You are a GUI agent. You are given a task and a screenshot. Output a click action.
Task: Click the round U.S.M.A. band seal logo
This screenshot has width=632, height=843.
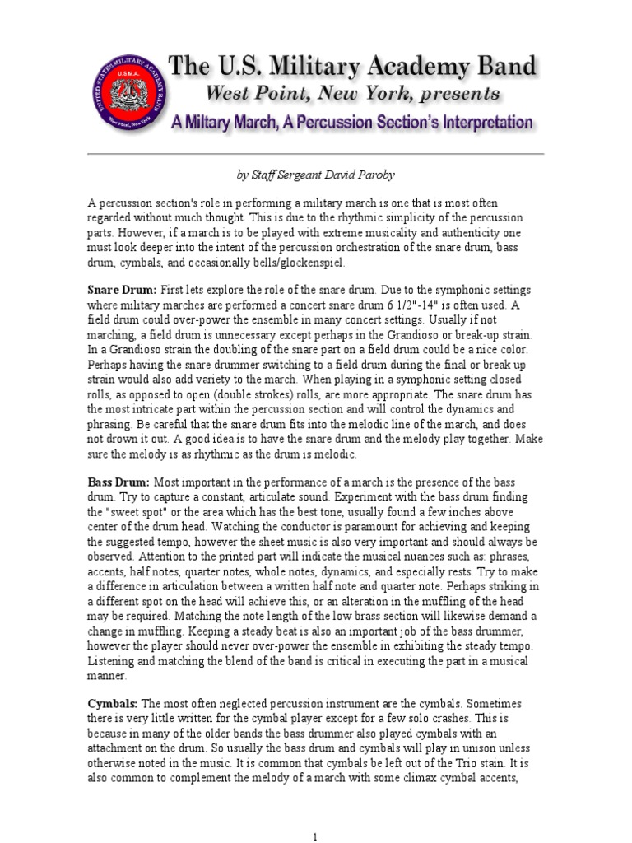(126, 93)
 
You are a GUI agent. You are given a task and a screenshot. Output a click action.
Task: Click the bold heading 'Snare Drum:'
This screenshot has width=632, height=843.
(122, 291)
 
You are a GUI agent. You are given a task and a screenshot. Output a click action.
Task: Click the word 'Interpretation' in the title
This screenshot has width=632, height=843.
(468, 123)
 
